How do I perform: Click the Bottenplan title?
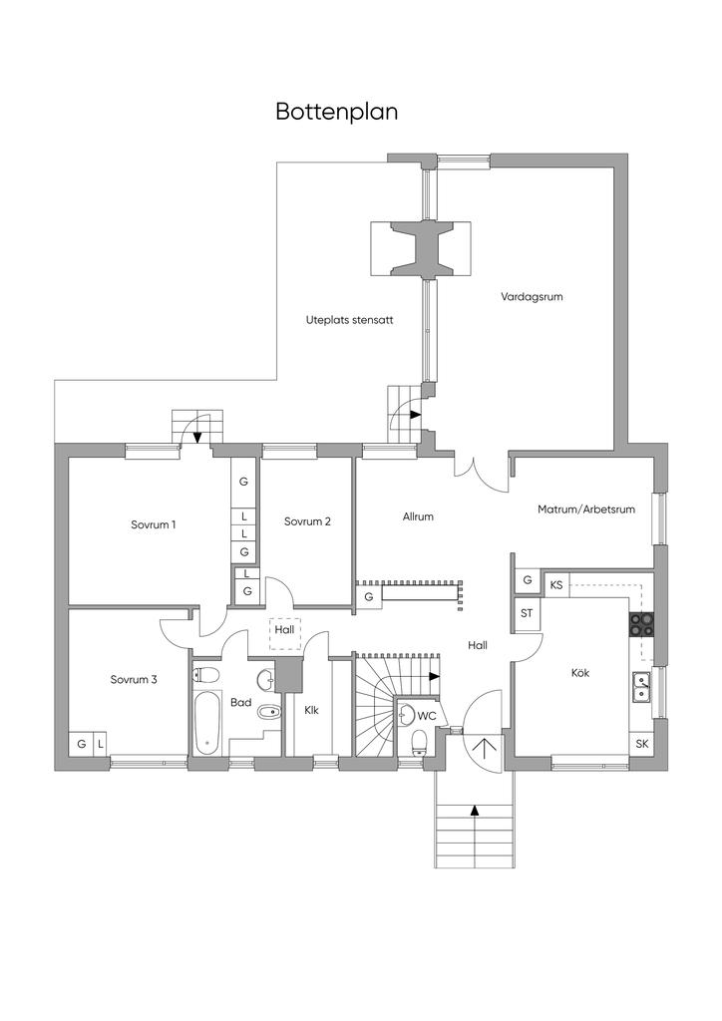click(337, 112)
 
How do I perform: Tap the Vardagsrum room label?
click(532, 297)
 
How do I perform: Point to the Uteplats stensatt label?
click(350, 320)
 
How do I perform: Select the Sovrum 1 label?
click(153, 524)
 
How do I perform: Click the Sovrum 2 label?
click(307, 521)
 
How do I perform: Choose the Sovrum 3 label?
click(134, 680)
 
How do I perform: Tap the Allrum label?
click(418, 516)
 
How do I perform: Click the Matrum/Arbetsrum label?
click(586, 510)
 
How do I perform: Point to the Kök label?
click(579, 673)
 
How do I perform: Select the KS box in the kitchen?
click(556, 585)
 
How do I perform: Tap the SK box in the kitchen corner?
click(642, 744)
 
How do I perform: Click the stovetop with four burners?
click(640, 624)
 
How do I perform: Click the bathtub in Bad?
click(208, 723)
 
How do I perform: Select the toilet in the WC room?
click(419, 742)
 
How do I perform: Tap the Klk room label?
click(311, 710)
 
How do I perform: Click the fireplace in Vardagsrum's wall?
click(421, 249)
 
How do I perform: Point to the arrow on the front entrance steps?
click(475, 810)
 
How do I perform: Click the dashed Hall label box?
click(284, 633)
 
